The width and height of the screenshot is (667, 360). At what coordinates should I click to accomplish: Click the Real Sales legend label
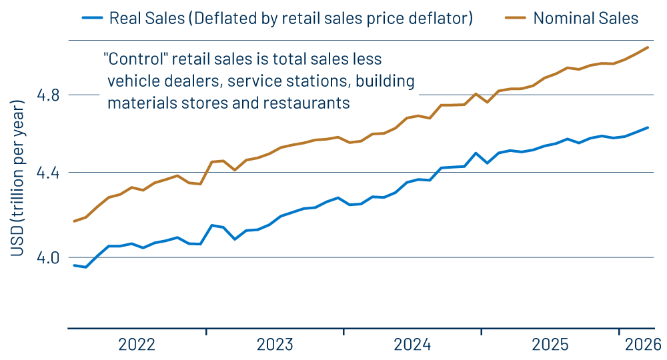point(290,18)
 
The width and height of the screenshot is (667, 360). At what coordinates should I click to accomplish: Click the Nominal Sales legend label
point(586,18)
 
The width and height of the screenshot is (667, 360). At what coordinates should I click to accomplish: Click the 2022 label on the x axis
point(137,345)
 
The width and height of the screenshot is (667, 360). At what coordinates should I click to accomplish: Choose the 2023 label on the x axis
point(275,345)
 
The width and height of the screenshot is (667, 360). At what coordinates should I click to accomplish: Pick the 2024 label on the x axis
point(412,345)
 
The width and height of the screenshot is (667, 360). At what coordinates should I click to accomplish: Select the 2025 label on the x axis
point(550,345)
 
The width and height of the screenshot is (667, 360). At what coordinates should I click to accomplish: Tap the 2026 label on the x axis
point(642,345)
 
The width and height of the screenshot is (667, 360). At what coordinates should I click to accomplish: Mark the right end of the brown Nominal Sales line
point(648,47)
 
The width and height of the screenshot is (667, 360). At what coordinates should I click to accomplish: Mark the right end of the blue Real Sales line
point(648,127)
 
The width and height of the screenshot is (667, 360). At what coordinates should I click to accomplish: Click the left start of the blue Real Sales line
point(74,265)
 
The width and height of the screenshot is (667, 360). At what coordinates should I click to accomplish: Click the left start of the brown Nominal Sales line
point(74,221)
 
